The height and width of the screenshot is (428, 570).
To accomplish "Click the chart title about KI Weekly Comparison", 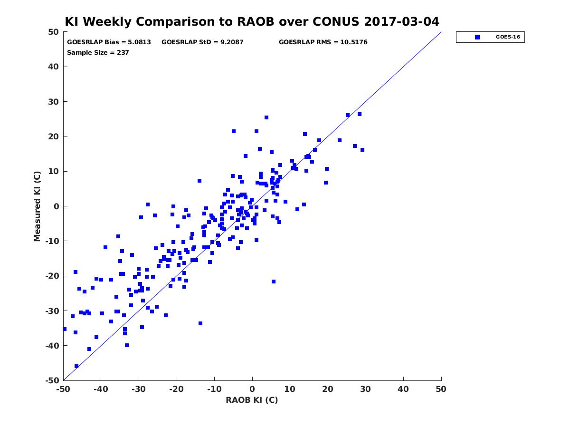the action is point(252,21).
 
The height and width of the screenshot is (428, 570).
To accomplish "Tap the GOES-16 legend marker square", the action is point(477,37).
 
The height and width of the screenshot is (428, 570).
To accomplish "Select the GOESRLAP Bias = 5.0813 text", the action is point(109,42).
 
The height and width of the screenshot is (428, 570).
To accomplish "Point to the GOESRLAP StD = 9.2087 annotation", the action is point(202,42).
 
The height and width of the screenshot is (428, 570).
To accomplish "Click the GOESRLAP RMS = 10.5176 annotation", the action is point(323,42).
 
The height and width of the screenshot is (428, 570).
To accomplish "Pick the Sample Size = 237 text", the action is point(98,53).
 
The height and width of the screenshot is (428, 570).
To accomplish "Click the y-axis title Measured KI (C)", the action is point(38,206).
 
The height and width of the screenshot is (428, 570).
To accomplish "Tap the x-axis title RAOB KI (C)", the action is point(252,400).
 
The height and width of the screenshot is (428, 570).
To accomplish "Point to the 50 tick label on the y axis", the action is point(54,32).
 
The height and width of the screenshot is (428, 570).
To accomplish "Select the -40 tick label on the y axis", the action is point(52,346).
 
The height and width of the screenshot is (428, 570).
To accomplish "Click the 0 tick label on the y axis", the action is point(57,206).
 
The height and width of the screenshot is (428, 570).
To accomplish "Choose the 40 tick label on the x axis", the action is point(403,389).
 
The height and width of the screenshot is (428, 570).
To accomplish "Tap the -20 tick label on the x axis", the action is point(176,389).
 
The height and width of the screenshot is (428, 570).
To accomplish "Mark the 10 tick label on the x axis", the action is point(290,389).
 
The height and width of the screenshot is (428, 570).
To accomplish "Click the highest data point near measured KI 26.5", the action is point(360,114).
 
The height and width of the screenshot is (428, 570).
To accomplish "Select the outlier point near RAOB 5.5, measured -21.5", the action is point(274,282).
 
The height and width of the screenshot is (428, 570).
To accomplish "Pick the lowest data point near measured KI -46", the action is point(76,366).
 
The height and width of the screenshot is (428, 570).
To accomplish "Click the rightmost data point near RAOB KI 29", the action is point(362,150).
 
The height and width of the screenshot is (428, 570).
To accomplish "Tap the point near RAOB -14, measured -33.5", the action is point(200,323).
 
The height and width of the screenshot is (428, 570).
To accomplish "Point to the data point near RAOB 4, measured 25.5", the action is point(266,117).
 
